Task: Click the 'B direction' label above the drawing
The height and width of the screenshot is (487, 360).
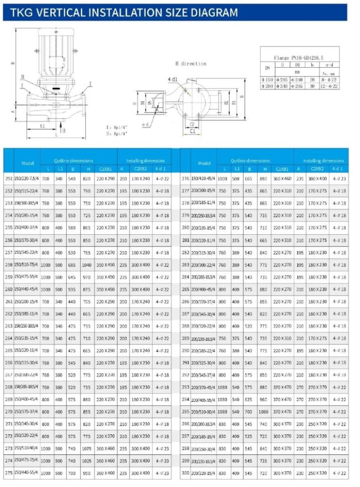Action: point(190,63)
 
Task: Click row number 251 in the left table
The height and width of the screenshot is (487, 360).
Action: point(8,179)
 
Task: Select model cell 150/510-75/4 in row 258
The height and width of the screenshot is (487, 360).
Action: point(26,265)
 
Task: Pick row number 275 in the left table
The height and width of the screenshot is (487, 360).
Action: point(8,473)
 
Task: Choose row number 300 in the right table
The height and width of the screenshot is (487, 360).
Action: point(185,473)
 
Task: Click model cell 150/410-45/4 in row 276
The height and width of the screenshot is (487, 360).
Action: point(204,179)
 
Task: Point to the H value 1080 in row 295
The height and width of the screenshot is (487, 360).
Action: point(264,412)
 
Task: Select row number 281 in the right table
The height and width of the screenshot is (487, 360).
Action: point(185,240)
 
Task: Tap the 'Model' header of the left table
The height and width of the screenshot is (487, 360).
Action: point(27,163)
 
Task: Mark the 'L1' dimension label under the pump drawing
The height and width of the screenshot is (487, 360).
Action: point(42,126)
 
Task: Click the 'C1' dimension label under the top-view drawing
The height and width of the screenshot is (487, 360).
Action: point(192,131)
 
